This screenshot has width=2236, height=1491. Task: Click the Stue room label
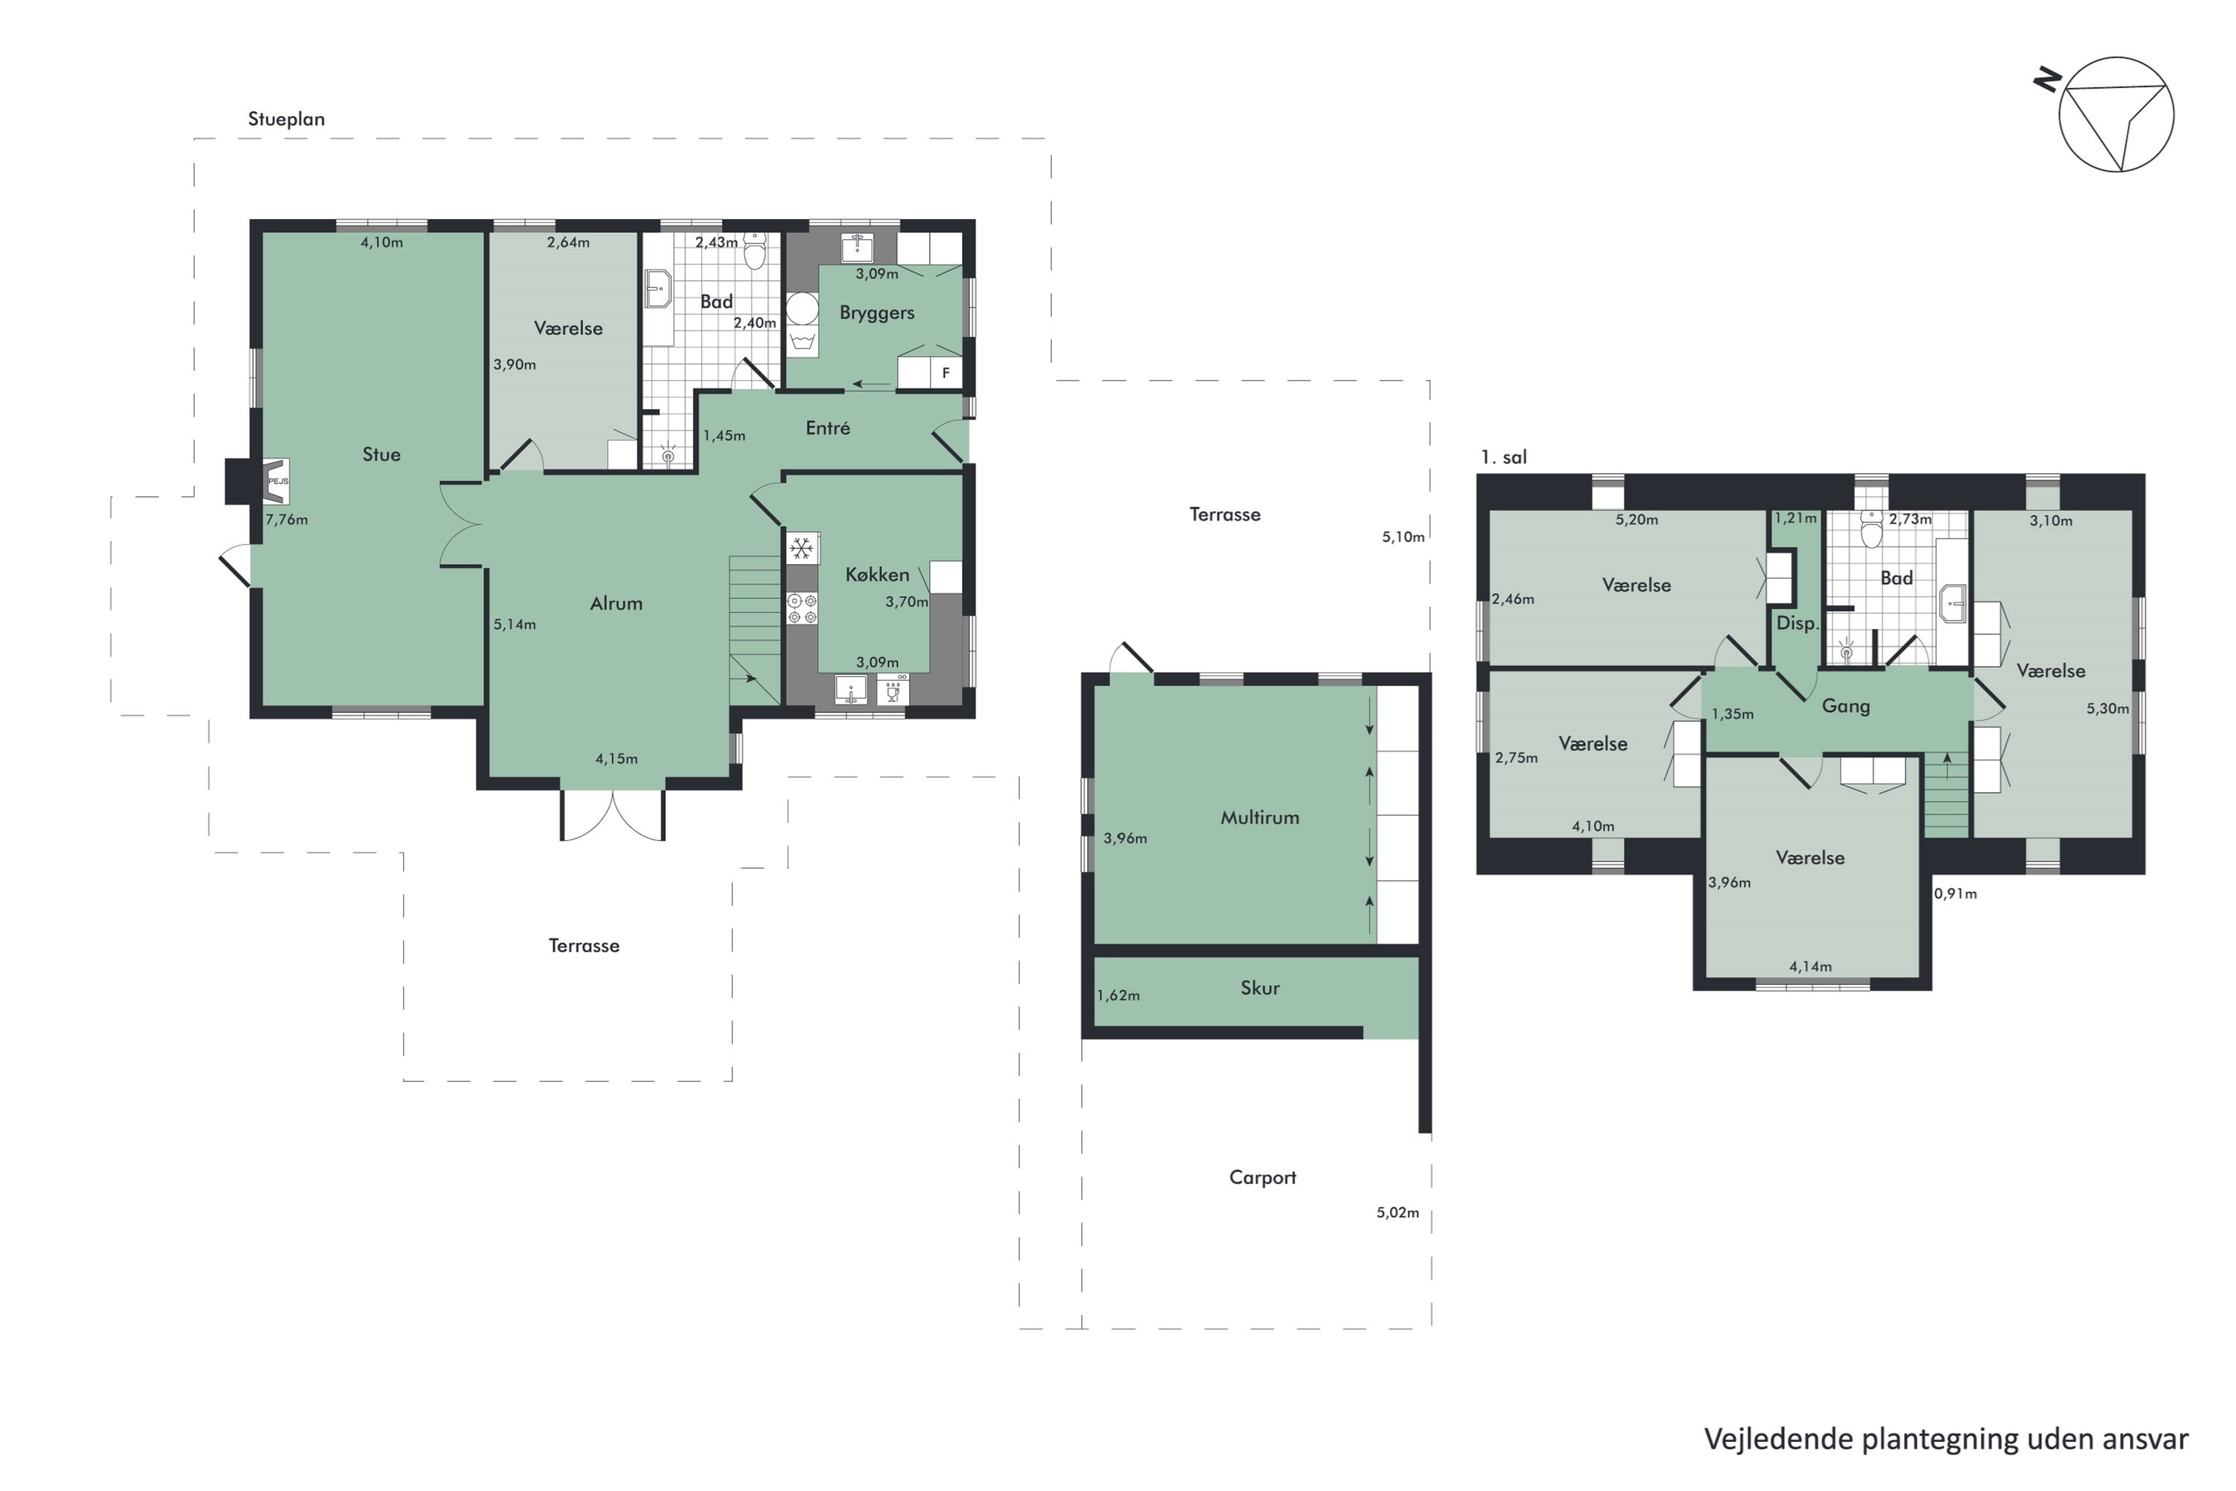[x=381, y=455]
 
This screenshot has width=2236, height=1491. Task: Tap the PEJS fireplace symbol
[x=277, y=481]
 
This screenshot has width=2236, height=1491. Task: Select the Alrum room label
[x=616, y=603]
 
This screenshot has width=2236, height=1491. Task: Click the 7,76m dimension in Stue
[x=286, y=519]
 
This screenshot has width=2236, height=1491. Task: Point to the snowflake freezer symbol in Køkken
[x=801, y=549]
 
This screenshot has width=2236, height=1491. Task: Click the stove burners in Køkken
[x=801, y=608]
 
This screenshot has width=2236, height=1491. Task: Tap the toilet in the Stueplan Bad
[x=755, y=251]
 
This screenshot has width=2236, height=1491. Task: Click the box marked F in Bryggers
[x=946, y=373]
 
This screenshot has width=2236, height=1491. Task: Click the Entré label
[x=827, y=428]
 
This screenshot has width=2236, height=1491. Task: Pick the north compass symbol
[x=2115, y=114]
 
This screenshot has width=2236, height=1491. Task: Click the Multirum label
[x=1260, y=817]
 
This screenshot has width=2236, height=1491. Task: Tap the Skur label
[x=1260, y=988]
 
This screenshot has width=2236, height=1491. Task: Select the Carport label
[x=1263, y=1177]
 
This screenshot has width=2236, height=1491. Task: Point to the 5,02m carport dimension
[x=1397, y=1212]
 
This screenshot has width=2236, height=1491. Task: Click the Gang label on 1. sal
[x=1845, y=705]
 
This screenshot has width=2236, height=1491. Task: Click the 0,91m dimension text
[x=1956, y=894]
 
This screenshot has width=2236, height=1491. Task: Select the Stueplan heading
[x=286, y=119]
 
